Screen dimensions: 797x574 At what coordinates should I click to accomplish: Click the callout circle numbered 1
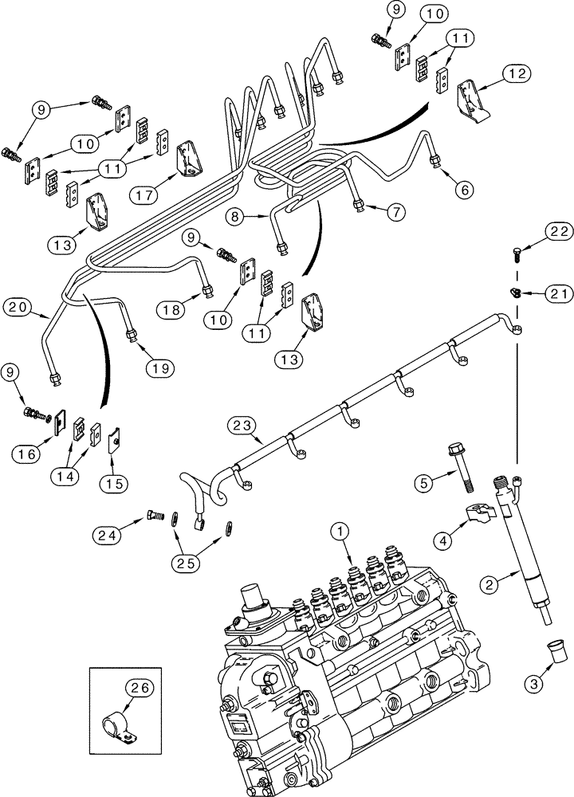pos(339,530)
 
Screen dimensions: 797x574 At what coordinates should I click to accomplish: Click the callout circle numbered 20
pos(19,306)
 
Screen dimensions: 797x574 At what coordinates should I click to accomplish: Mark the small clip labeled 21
pos(515,292)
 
